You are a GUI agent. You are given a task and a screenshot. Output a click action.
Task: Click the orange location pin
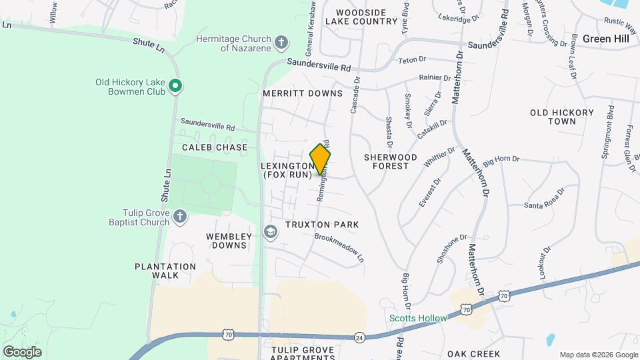(320, 159)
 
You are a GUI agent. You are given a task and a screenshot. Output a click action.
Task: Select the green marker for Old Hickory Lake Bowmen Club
(175, 86)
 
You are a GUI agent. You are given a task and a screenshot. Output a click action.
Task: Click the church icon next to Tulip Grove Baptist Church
(179, 216)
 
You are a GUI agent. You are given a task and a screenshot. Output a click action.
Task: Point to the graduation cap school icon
(270, 231)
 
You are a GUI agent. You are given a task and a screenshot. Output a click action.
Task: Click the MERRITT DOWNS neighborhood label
(302, 93)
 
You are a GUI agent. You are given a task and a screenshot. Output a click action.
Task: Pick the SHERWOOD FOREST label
(391, 161)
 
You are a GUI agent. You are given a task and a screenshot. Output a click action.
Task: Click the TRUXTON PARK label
(322, 225)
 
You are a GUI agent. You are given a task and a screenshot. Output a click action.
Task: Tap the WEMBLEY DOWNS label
(229, 241)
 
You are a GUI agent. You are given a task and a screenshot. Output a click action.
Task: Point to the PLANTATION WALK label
(165, 271)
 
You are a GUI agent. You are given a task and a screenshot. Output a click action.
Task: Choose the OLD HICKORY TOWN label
(561, 117)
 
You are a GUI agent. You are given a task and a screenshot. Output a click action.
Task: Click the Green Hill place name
(605, 39)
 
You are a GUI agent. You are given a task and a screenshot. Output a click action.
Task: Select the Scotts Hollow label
(418, 318)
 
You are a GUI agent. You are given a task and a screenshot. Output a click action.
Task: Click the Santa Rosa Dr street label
(544, 198)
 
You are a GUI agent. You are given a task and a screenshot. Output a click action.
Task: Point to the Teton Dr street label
(412, 60)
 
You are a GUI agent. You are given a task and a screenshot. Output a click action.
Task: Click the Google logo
(22, 351)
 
